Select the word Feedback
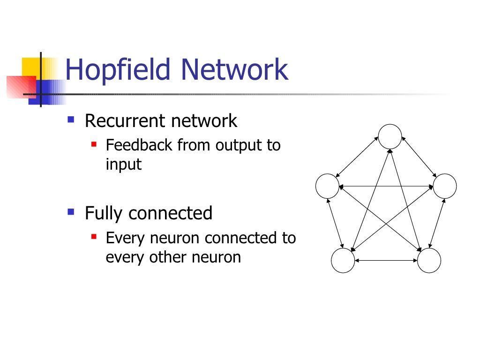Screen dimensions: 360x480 pyautogui.click(x=139, y=145)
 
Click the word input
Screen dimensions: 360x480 pyautogui.click(x=123, y=165)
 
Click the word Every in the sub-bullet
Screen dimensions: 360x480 pyautogui.click(x=126, y=239)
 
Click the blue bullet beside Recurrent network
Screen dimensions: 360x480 pyautogui.click(x=71, y=120)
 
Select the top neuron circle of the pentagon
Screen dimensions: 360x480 pyautogui.click(x=390, y=136)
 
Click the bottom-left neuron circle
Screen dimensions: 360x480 pyautogui.click(x=343, y=261)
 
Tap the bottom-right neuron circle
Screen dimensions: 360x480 pyautogui.click(x=429, y=261)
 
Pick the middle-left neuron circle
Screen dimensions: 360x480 pyautogui.click(x=327, y=186)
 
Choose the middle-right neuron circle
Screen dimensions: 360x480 pyautogui.click(x=444, y=186)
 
